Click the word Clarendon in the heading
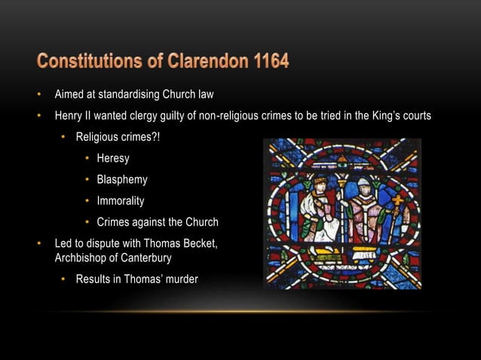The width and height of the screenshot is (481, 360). [x=198, y=60]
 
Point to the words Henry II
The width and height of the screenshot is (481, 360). [x=72, y=117]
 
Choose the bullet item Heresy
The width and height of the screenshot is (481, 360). [x=113, y=158]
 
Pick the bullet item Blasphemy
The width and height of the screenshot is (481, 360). [x=122, y=180]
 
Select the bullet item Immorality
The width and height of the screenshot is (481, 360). [x=121, y=201]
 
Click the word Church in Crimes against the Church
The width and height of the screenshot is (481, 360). [x=200, y=222]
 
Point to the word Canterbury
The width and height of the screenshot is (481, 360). [x=146, y=258]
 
